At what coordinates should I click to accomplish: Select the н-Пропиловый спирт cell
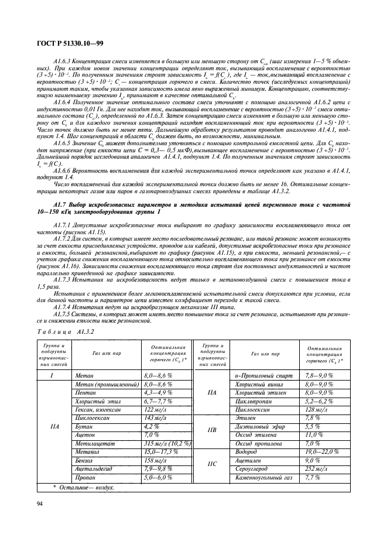pyautogui.click(x=262, y=375)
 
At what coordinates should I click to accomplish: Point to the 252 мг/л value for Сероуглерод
pyautogui.click(x=317, y=469)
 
